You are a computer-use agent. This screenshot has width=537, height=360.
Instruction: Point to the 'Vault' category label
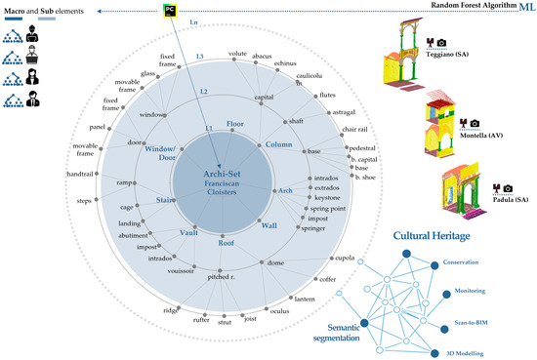click(x=188, y=233)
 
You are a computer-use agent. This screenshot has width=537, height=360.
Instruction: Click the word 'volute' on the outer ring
click(x=237, y=54)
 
